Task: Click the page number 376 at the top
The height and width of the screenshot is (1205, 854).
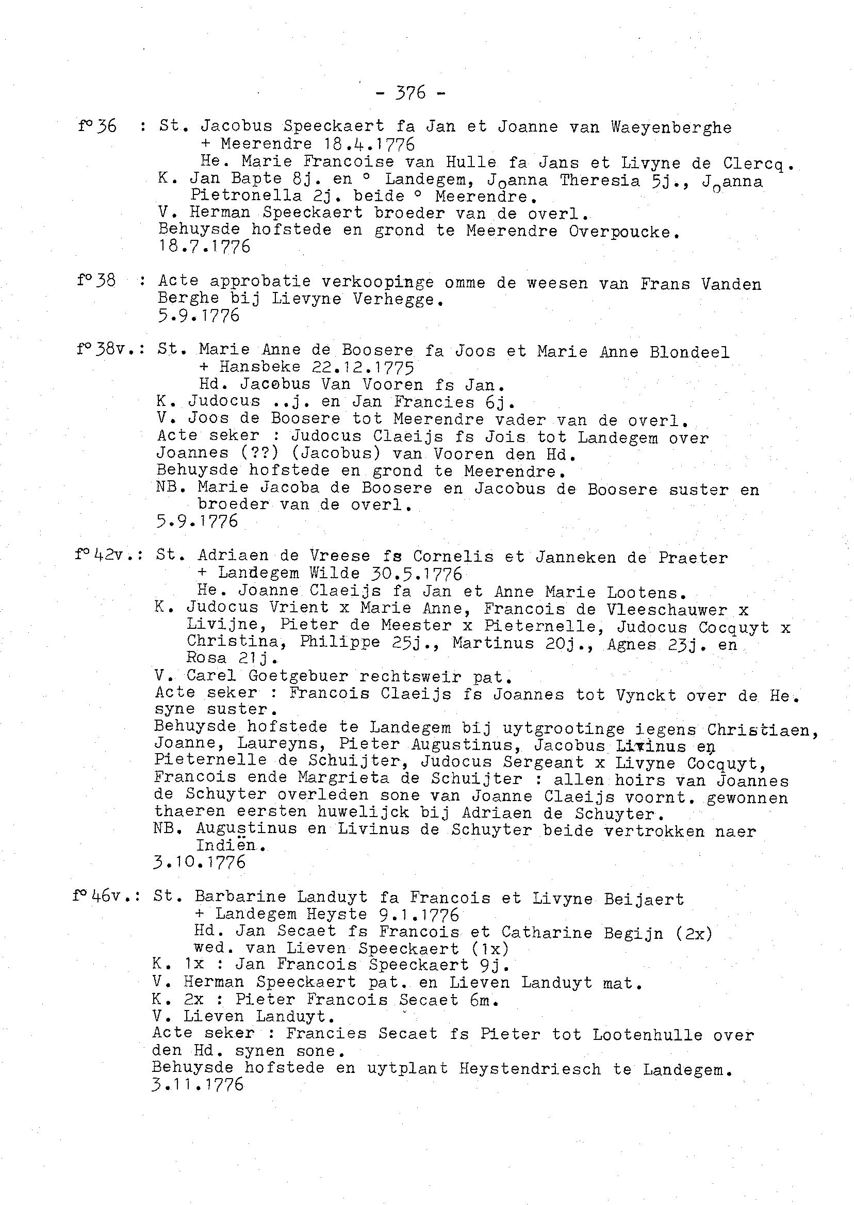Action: [410, 93]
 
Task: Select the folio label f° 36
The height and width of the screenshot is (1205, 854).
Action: [97, 126]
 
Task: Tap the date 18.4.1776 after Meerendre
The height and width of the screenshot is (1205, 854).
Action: [369, 143]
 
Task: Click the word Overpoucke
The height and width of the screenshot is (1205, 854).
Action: [623, 232]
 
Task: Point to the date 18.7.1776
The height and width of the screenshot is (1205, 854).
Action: [205, 246]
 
